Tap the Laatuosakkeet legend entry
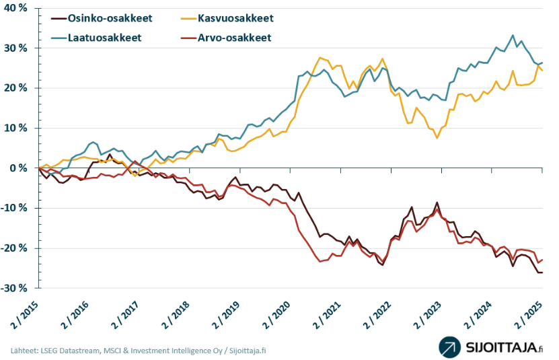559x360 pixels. pos(104,38)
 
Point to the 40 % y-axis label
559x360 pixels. pos(15,8)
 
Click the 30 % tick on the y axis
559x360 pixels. pos(15,48)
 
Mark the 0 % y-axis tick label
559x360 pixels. pos(17,168)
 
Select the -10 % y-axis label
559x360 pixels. pos(13,208)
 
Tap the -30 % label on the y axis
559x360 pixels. pos(13,288)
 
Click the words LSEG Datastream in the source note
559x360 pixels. pos(65,351)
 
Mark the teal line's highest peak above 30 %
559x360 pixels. pos(513,36)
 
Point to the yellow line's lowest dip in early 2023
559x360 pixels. pos(437,138)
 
